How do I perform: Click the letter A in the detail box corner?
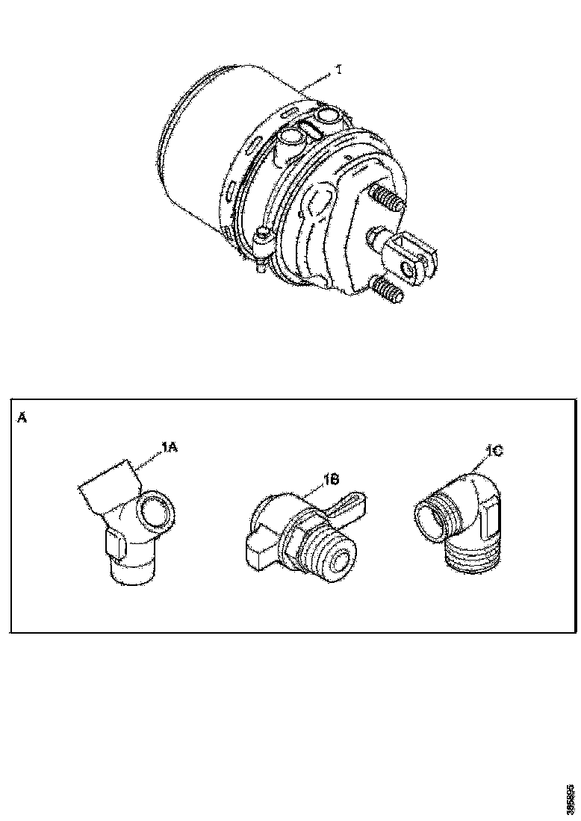point(22,418)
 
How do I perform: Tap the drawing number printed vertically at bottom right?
point(571,798)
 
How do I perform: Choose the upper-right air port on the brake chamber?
point(328,116)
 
